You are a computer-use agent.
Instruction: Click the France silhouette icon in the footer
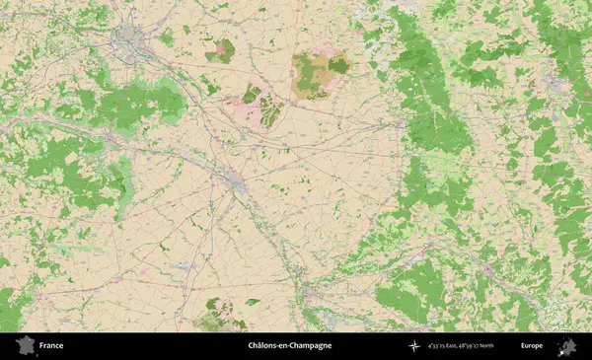pyautogui.click(x=23, y=346)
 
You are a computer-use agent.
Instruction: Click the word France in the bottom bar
pyautogui.click(x=51, y=346)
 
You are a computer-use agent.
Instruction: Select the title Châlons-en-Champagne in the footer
pyautogui.click(x=289, y=346)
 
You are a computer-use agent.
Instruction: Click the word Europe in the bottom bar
pyautogui.click(x=532, y=346)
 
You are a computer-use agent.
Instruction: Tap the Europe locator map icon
pyautogui.click(x=567, y=346)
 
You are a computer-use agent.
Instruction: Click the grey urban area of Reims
pyautogui.click(x=128, y=39)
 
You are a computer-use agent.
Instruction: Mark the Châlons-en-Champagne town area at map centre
pyautogui.click(x=235, y=180)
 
